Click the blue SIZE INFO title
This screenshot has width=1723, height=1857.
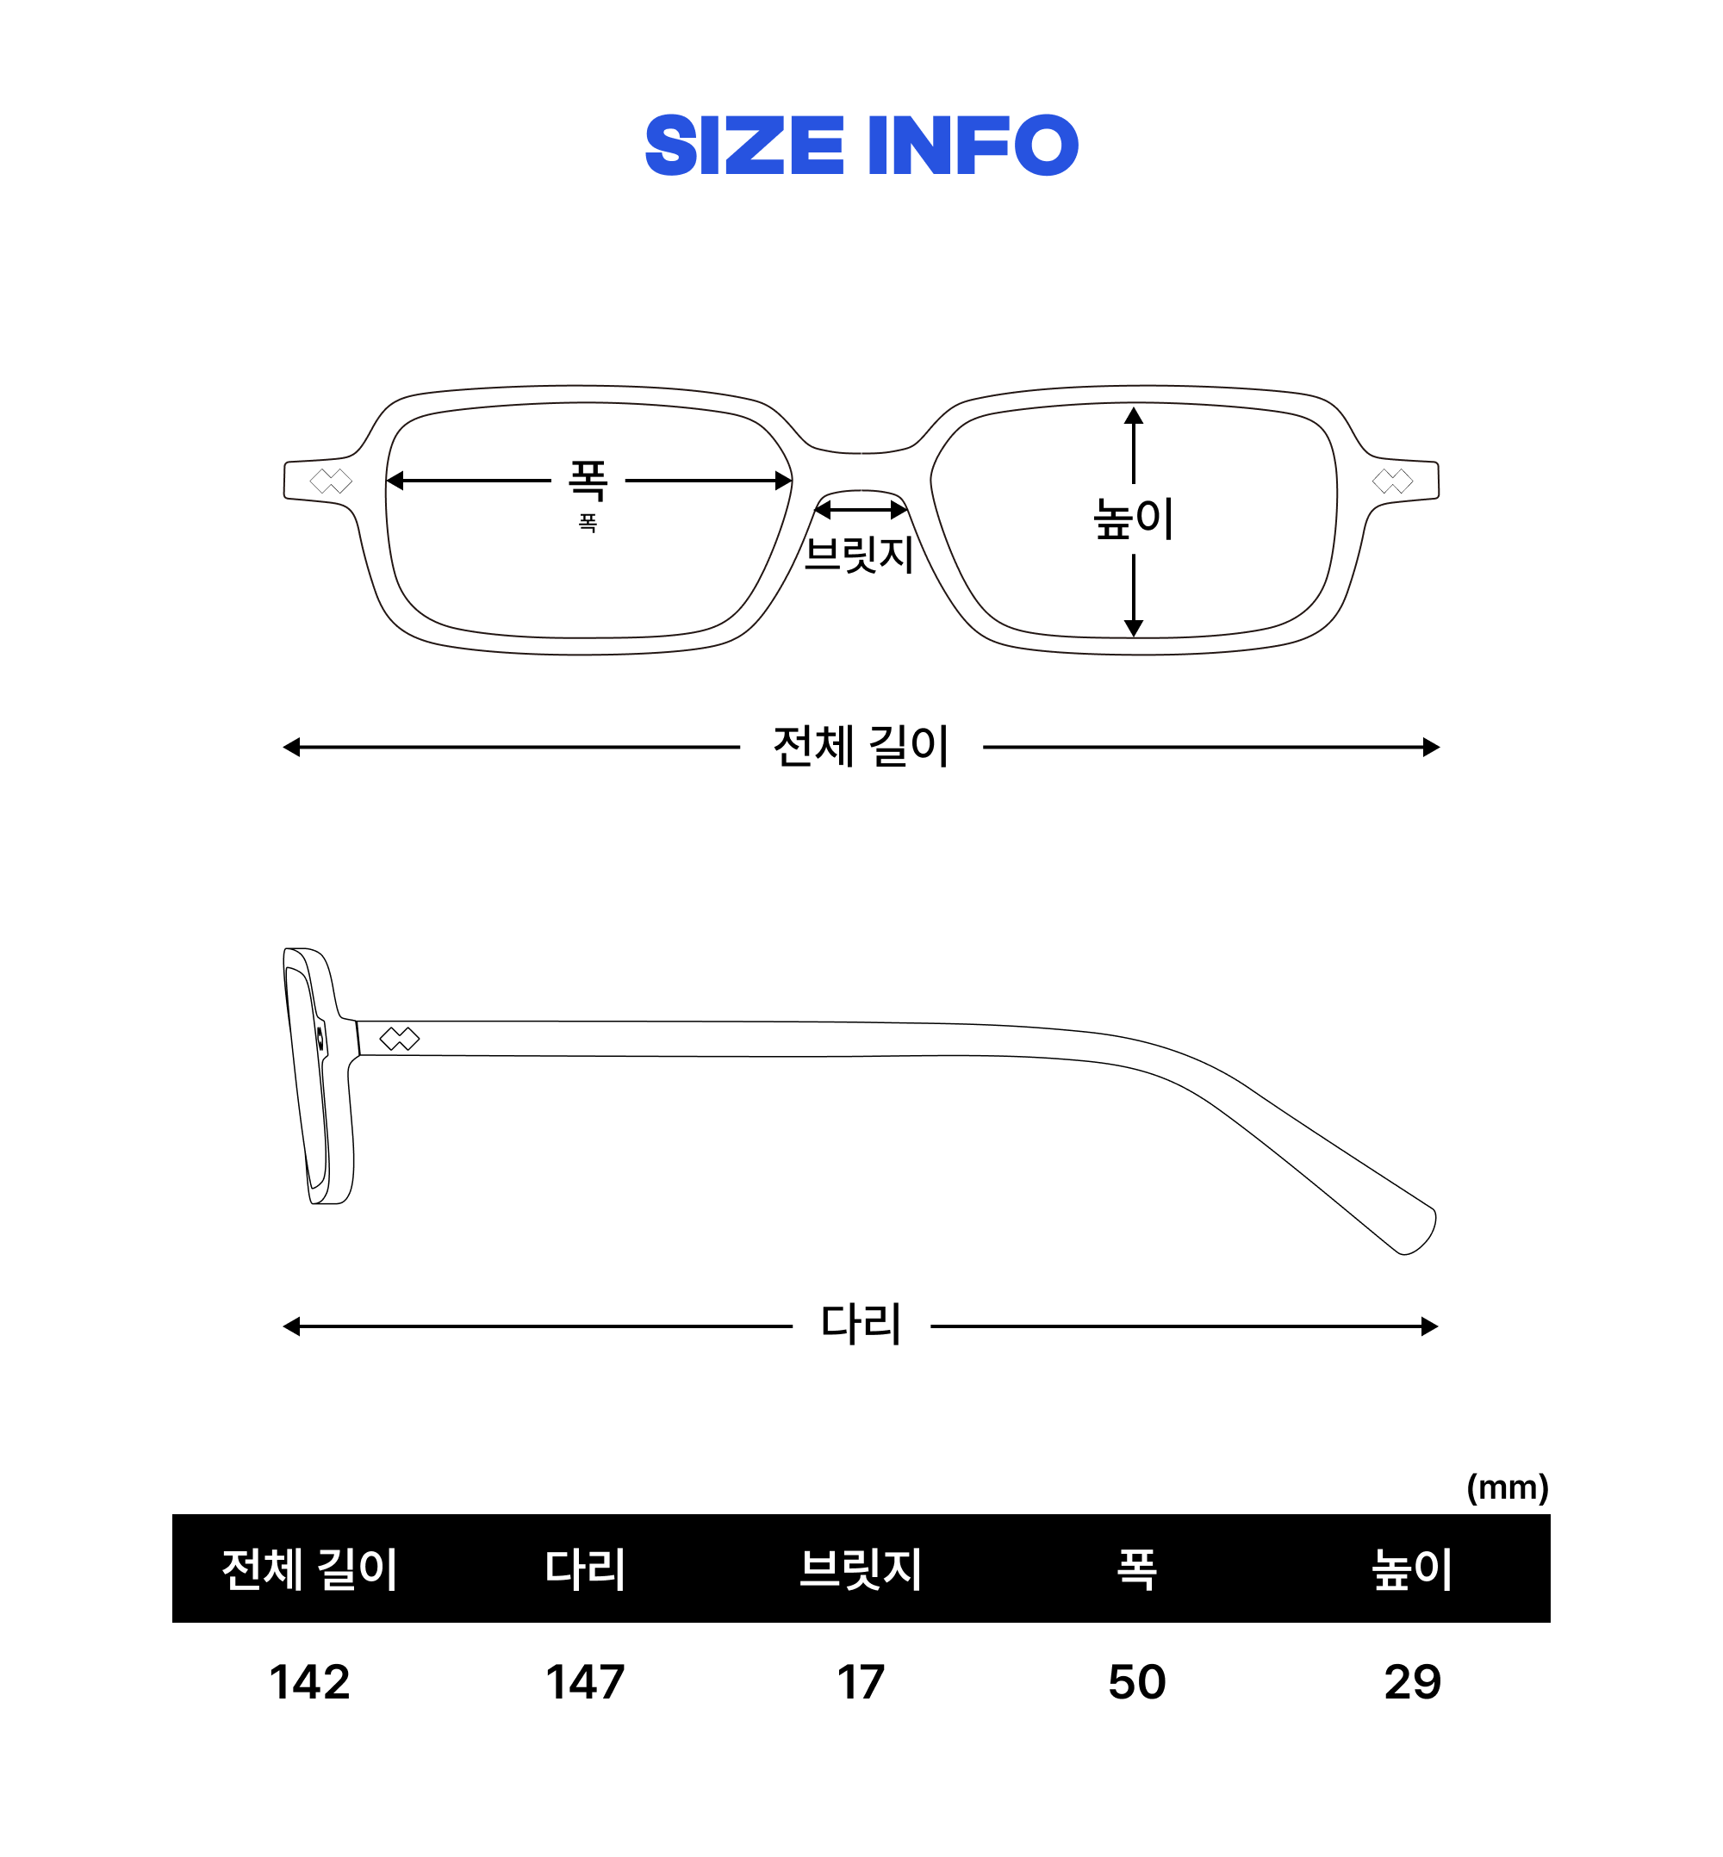click(861, 146)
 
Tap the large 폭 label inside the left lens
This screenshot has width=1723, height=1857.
click(588, 480)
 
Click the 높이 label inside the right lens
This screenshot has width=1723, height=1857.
click(1133, 519)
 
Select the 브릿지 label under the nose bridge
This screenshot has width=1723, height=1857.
click(859, 555)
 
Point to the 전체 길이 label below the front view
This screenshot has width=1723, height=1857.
click(861, 747)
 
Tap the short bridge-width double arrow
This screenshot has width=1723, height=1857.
click(861, 510)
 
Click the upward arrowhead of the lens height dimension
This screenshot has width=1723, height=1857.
click(1133, 416)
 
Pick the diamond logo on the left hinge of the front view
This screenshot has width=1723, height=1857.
click(330, 481)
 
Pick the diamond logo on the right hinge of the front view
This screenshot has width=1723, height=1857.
click(1392, 481)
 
